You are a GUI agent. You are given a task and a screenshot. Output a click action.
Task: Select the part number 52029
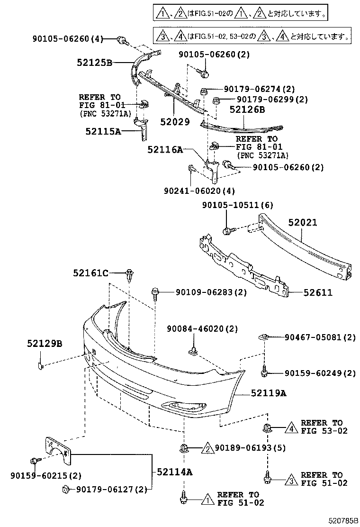[175, 121]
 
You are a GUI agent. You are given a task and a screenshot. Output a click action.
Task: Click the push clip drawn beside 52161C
[129, 275]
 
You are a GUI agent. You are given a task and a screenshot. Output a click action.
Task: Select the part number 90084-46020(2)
[202, 329]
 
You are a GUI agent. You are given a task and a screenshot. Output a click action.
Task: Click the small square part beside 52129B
[41, 365]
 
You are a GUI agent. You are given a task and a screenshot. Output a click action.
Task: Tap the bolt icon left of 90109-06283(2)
[155, 293]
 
